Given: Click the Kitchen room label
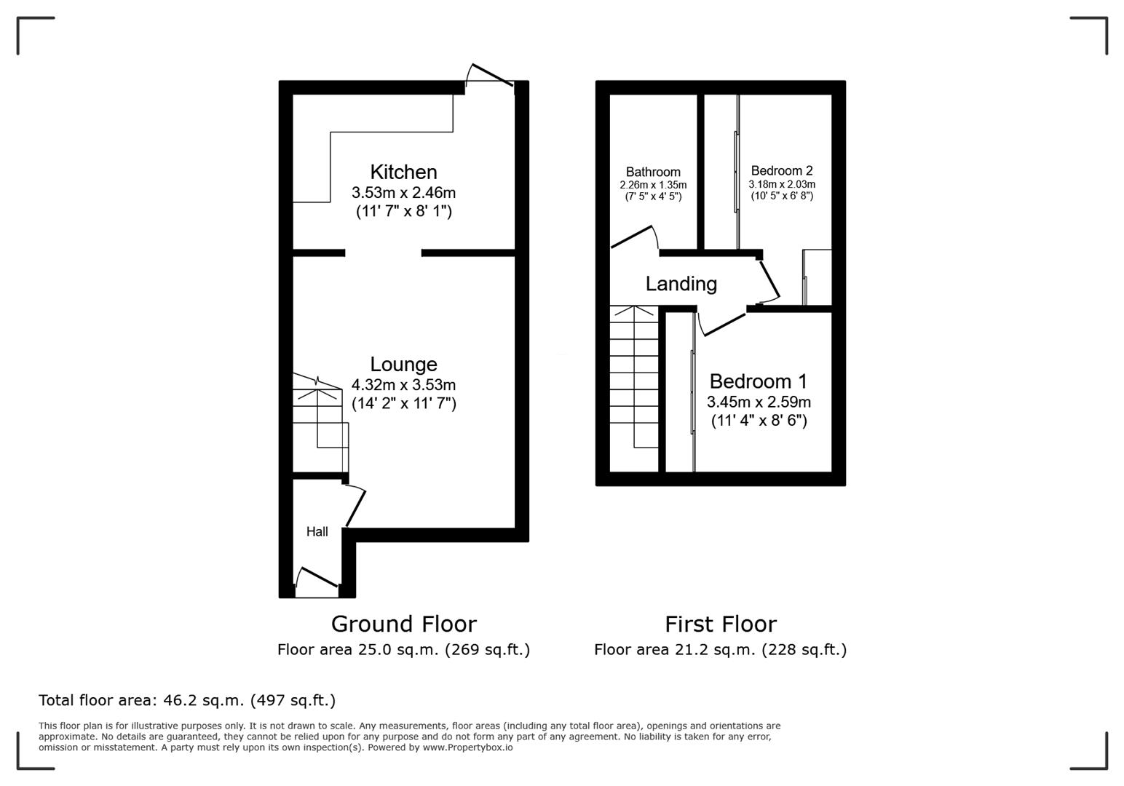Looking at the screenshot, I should coord(403,172).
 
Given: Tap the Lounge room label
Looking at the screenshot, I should coord(403,364).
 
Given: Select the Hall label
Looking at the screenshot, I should coord(317,532).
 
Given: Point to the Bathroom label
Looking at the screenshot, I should coord(653,172).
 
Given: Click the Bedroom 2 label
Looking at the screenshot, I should coord(782,171).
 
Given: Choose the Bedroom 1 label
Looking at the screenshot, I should coord(759,381).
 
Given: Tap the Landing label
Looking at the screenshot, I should coord(681,284).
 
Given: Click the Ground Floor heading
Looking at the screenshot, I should coord(403,624).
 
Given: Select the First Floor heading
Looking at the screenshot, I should coord(720,624).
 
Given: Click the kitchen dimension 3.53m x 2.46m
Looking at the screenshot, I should coord(403,193).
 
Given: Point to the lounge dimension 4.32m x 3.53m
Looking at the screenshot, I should coord(403,384).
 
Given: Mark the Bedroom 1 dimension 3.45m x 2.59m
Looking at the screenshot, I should coord(759,402).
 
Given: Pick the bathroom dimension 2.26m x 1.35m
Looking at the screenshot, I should coord(653,185).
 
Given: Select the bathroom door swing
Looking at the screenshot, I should coord(633,237).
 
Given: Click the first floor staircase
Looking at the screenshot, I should coord(634,378).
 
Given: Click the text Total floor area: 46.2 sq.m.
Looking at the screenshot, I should coord(187,700).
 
